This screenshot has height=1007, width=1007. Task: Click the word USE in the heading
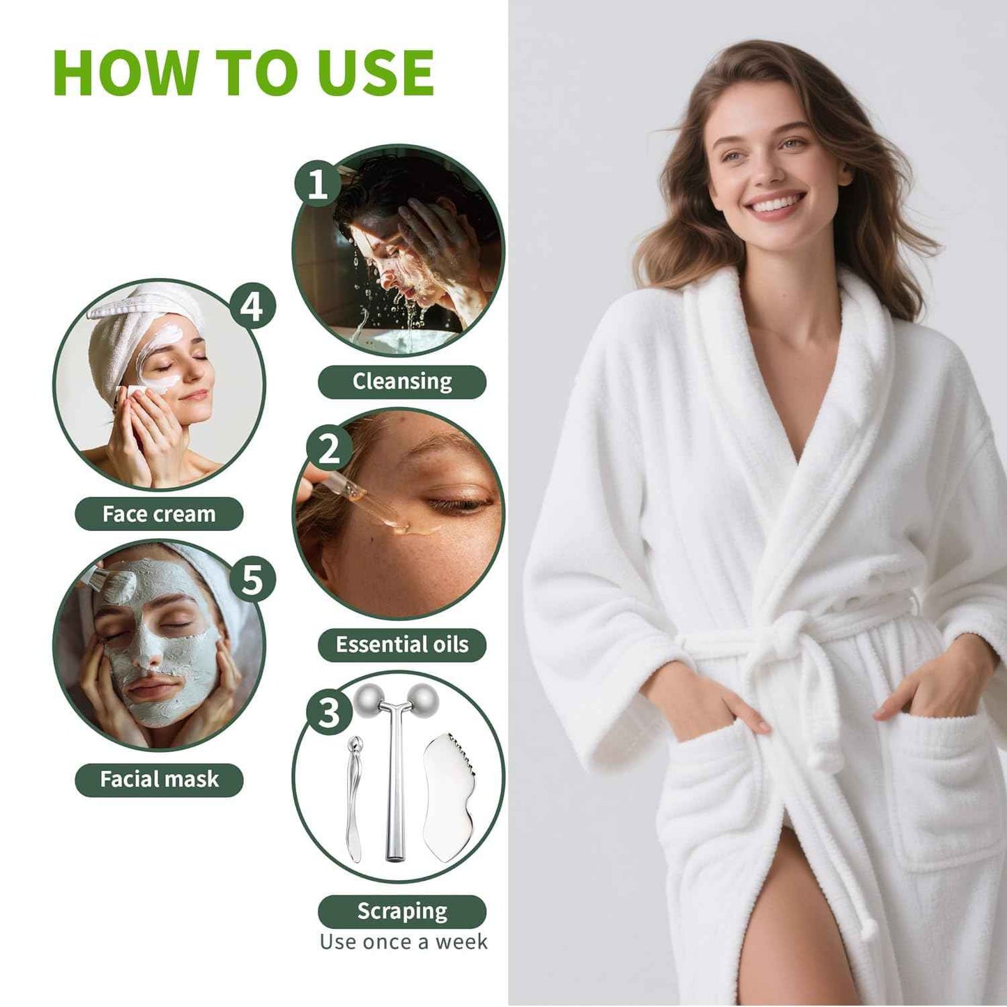click(376, 73)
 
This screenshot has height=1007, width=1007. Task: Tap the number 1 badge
click(317, 184)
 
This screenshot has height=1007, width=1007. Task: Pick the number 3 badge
click(328, 712)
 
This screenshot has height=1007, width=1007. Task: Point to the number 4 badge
click(252, 306)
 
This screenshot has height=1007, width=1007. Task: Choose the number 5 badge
click(252, 579)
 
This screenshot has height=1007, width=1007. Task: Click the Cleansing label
click(402, 382)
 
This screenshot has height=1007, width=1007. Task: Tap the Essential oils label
click(402, 645)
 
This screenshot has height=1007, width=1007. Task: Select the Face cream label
click(159, 514)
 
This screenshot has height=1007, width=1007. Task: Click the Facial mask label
click(159, 779)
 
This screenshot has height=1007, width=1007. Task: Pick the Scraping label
click(402, 912)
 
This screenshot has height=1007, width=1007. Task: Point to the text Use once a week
click(403, 942)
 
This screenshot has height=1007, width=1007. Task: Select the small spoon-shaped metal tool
click(353, 794)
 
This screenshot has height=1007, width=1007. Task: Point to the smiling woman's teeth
click(776, 204)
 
